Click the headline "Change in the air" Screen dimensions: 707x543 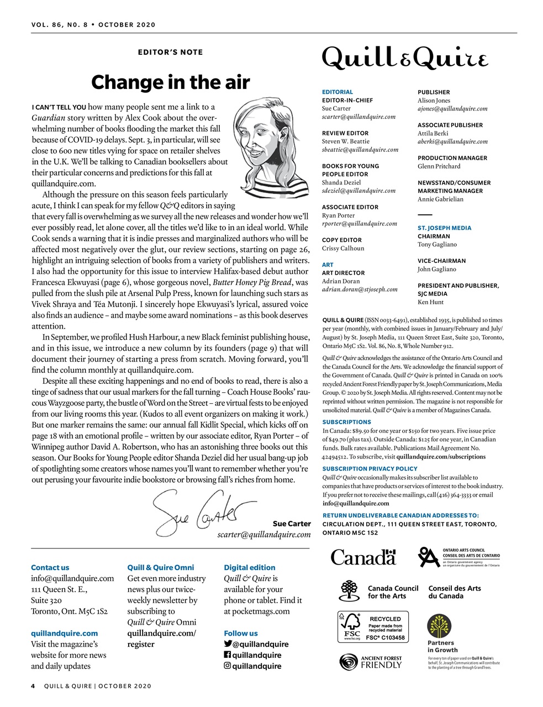[170, 82]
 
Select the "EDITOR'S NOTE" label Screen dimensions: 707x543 [170, 52]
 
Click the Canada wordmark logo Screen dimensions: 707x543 [363, 557]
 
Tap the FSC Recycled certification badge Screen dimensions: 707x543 [373, 627]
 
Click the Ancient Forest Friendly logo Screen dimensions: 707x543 [371, 662]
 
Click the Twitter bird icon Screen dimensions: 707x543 [228, 644]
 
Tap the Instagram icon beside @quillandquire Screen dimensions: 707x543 [228, 666]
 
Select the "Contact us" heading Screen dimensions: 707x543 [50, 567]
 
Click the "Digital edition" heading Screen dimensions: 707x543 [249, 567]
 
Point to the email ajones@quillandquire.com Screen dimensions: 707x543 [452, 109]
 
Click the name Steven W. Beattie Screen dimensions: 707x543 [346, 141]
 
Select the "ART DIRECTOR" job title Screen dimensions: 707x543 [343, 273]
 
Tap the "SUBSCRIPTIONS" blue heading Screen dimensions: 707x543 [346, 422]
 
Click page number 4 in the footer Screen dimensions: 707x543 [33, 686]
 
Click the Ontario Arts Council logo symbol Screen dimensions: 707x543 [429, 557]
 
